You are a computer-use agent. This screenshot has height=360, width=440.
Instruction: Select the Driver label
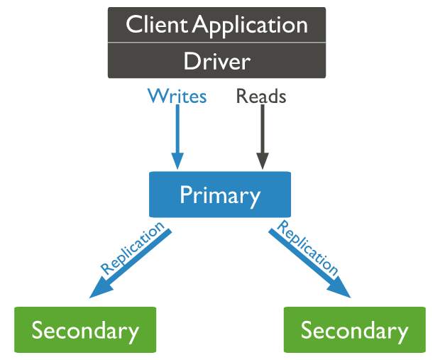216,61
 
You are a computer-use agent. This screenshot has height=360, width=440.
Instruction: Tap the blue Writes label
177,96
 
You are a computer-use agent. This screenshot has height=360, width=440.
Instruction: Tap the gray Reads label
261,96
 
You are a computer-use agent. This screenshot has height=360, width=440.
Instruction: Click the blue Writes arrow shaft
177,128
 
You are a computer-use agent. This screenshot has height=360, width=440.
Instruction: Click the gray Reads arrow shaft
262,128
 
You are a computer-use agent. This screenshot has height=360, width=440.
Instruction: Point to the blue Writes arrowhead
177,161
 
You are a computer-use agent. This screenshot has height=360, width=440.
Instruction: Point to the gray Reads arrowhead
262,161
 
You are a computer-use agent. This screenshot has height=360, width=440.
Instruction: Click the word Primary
220,194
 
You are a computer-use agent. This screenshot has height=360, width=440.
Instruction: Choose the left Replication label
132,248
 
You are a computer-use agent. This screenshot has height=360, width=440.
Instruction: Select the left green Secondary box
85,330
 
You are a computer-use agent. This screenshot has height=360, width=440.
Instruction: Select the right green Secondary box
354,330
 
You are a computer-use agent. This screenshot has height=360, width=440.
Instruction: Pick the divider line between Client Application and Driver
216,43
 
